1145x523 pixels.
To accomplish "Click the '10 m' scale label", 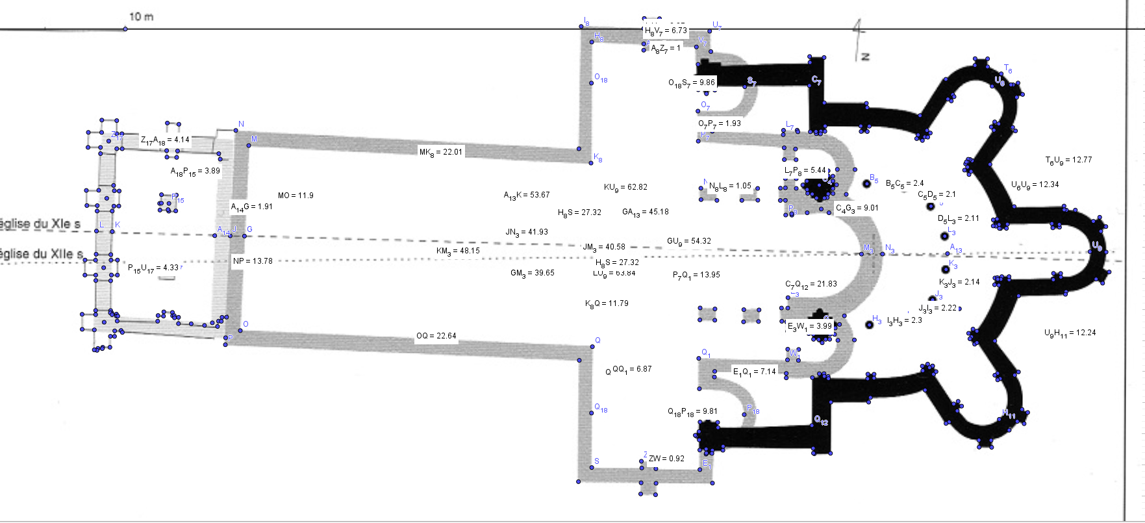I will click(x=142, y=16).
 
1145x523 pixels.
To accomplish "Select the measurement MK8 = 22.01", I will click(x=441, y=152).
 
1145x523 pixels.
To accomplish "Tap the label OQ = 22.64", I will click(x=436, y=336).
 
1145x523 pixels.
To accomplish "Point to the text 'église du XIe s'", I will click(x=40, y=224).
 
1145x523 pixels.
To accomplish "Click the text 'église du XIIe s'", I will click(x=42, y=254).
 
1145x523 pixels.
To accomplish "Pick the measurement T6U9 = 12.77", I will click(x=1068, y=160).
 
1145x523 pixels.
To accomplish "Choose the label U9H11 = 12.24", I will click(x=1070, y=333).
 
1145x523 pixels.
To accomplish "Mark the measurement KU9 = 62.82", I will click(x=625, y=187).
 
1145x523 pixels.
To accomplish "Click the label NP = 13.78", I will click(x=253, y=261).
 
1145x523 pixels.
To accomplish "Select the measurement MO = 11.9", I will click(x=296, y=196).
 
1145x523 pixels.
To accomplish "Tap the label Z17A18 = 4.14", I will click(x=165, y=140).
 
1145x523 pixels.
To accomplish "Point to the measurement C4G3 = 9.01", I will click(x=857, y=209).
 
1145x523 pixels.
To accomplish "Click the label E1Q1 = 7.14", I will click(x=754, y=372).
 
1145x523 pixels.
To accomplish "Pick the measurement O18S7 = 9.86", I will click(x=692, y=83).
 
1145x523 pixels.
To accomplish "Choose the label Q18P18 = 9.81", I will click(x=692, y=411).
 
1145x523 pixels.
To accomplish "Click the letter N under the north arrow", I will click(x=865, y=57).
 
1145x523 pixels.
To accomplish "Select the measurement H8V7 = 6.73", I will click(x=666, y=31).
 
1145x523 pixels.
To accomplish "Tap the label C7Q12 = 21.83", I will click(x=811, y=285).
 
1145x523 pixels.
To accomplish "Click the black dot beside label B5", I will click(x=866, y=184).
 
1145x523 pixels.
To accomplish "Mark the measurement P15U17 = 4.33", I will click(x=153, y=268).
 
